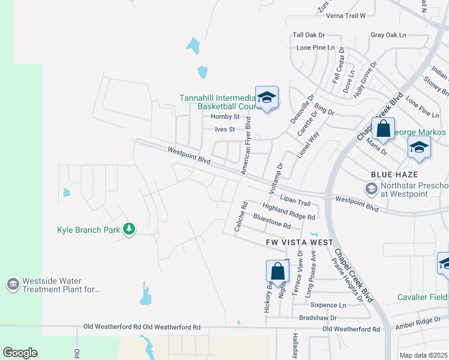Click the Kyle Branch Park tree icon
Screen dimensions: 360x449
coord(128,229)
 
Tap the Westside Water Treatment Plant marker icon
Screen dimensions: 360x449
coord(13,283)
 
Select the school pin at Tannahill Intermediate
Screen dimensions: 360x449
coord(267,97)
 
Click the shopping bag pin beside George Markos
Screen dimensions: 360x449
coord(382,128)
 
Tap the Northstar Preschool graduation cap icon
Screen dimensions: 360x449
coord(371,190)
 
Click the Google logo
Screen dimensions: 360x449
coord(20,353)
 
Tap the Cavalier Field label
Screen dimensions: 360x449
coord(423,298)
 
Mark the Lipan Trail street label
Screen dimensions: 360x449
coord(295,203)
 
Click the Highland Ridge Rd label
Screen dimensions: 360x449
coord(288,211)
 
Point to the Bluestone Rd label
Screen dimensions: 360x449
coord(272,221)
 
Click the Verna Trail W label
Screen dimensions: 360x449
coord(345,15)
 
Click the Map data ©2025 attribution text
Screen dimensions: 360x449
coord(424,355)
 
